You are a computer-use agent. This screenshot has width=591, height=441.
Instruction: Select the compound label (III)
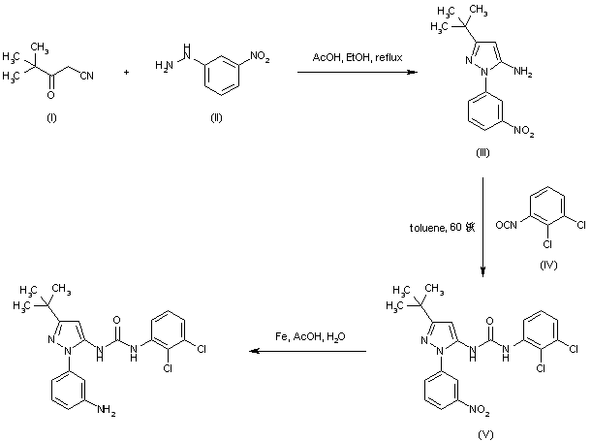pos(482,153)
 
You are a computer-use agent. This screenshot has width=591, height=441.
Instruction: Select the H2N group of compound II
pos(163,66)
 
